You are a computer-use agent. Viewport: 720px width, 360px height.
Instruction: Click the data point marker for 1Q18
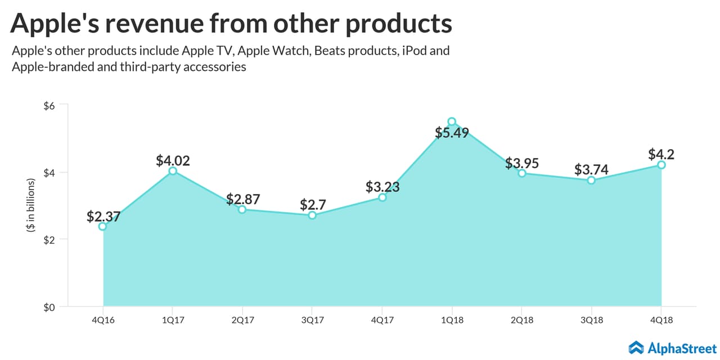(452, 121)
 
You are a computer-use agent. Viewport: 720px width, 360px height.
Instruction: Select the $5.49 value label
(452, 133)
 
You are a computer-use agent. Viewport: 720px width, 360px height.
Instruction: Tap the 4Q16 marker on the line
(102, 226)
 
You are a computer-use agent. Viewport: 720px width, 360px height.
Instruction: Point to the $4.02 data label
(173, 160)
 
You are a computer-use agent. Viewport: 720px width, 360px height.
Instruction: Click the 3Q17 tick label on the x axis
(312, 319)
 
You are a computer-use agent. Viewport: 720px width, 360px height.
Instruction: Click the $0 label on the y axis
(49, 307)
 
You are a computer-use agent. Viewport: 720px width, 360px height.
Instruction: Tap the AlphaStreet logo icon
(636, 347)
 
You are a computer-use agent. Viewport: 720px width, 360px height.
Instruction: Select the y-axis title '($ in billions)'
(31, 206)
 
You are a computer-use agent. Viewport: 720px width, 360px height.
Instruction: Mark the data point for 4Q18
(661, 165)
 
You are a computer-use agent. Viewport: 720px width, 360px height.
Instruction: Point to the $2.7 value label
(312, 204)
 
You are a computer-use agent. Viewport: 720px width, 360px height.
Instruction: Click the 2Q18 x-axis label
(521, 319)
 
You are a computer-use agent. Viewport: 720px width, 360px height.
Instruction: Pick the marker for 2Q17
(242, 209)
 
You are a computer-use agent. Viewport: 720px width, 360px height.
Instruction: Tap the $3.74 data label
(591, 169)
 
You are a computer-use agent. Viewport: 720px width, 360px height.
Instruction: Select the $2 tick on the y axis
(49, 240)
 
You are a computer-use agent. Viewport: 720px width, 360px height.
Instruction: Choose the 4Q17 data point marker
(382, 197)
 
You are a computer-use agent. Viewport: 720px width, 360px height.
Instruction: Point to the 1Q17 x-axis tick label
(172, 319)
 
